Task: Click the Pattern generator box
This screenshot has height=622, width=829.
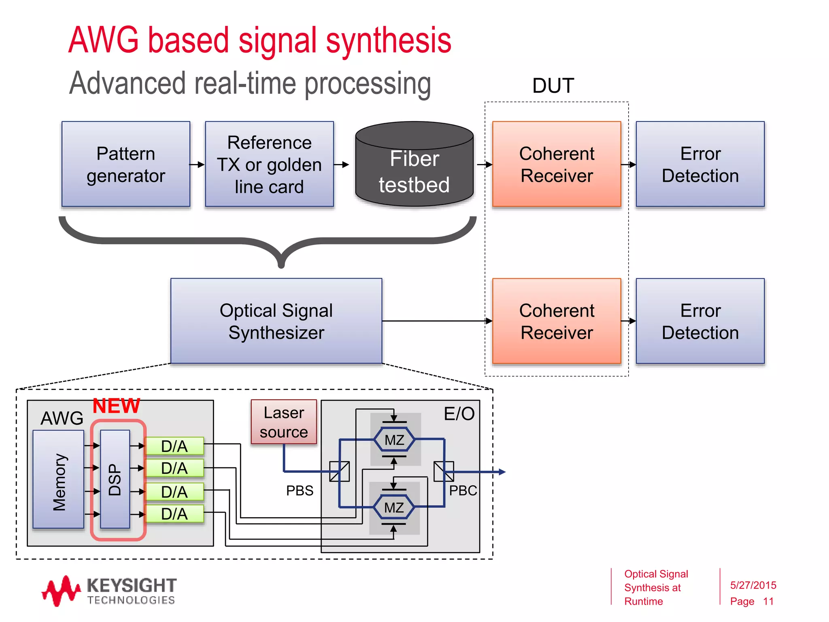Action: click(125, 164)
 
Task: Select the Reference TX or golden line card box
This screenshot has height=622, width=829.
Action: click(269, 164)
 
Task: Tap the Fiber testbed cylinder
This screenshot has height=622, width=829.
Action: click(414, 170)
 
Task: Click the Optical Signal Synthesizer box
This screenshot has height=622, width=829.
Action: click(276, 321)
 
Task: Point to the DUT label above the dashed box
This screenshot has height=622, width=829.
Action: click(553, 86)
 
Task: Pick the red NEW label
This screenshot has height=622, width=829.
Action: click(116, 406)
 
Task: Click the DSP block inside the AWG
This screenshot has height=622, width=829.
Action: click(115, 479)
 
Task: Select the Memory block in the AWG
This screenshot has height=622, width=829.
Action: click(58, 479)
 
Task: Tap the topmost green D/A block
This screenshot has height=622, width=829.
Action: click(174, 446)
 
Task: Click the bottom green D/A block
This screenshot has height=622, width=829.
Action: click(174, 514)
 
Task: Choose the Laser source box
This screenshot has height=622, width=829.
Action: click(284, 422)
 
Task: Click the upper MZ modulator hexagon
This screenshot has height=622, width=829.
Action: click(394, 440)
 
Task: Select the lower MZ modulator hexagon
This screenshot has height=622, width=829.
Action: click(394, 507)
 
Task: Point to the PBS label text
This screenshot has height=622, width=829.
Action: click(300, 491)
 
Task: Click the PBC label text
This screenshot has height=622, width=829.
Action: click(463, 491)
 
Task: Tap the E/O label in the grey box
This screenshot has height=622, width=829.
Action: click(459, 414)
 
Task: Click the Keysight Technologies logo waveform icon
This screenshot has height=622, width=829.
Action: click(61, 590)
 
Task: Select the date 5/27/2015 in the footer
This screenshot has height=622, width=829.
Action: click(753, 585)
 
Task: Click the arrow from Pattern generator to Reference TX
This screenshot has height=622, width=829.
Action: click(197, 164)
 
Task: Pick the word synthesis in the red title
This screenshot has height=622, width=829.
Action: click(389, 40)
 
